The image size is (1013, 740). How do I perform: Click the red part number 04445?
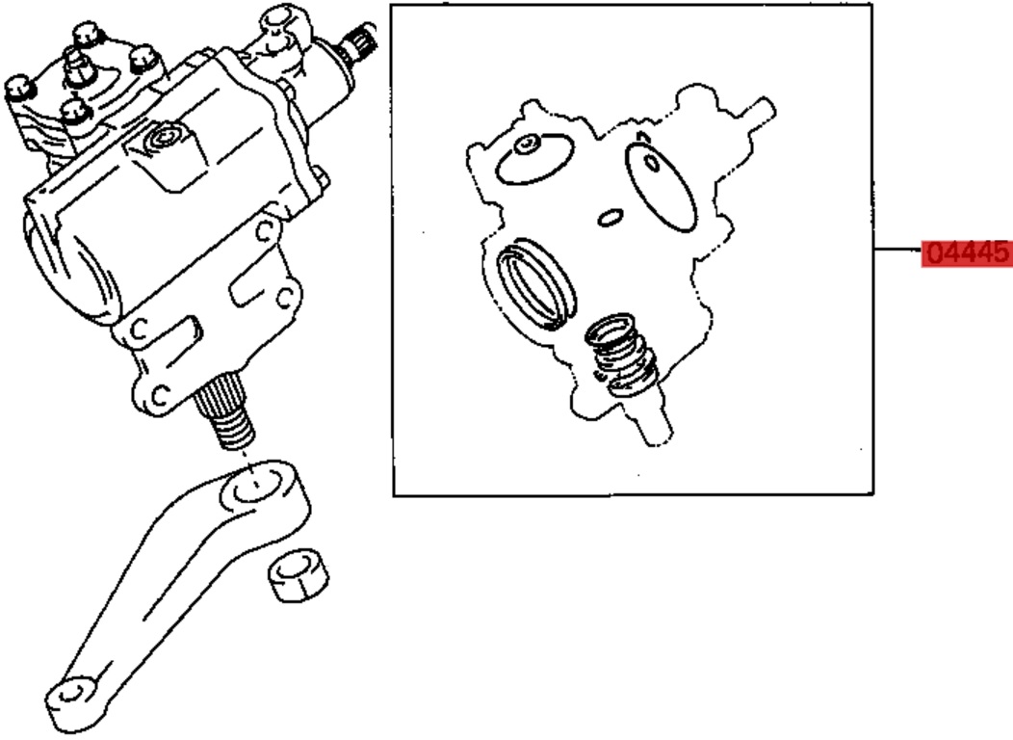967,252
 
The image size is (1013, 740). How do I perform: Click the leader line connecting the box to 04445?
898,249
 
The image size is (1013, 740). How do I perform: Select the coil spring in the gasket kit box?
620,355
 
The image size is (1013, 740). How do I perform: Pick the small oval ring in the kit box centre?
610,218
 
